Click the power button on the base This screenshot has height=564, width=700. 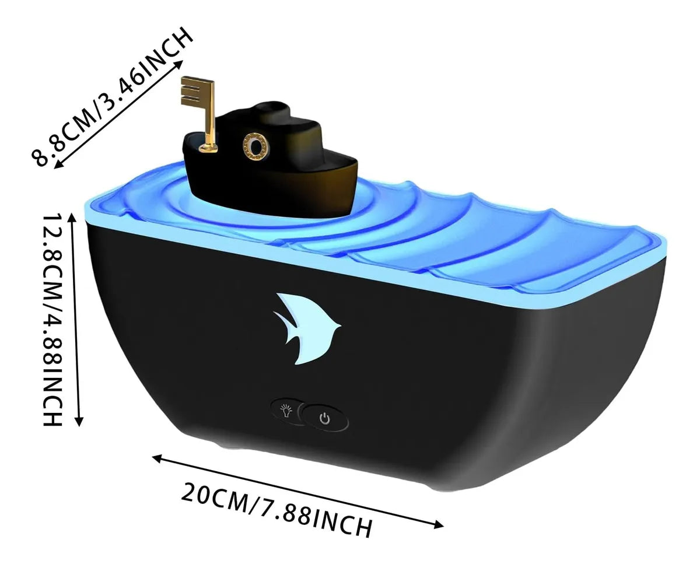(x=325, y=418)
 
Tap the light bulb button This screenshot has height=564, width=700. (x=286, y=411)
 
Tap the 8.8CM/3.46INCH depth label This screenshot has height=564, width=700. (x=112, y=96)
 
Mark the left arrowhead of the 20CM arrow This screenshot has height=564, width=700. (x=157, y=458)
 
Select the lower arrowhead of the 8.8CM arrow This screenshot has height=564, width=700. (x=58, y=165)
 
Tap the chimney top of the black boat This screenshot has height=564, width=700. (x=272, y=107)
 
